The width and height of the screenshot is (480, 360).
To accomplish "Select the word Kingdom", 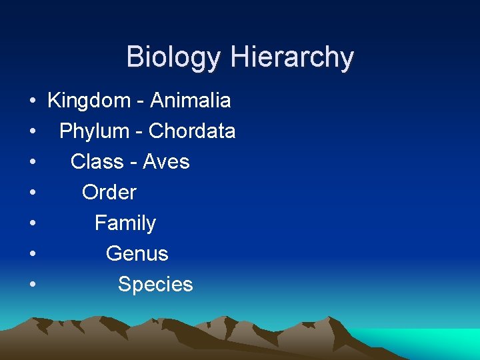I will (89, 101).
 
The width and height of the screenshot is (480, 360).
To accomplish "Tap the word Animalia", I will (191, 101).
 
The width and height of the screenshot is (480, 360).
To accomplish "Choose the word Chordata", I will (192, 131).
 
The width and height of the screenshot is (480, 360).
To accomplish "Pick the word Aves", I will (167, 162).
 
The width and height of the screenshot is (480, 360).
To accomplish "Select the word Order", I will (109, 193).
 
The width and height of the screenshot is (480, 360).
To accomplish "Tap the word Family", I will (125, 223).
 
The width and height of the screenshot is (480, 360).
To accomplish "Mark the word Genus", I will (137, 254).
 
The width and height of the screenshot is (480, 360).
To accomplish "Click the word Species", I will (155, 285).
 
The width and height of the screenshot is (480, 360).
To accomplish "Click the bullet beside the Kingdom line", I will (32, 102).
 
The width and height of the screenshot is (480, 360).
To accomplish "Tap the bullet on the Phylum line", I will (32, 133).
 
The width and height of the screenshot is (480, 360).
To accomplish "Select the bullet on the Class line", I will (32, 163).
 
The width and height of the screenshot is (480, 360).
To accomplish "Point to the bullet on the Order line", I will (32, 194).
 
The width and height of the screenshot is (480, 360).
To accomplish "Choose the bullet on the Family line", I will (32, 225).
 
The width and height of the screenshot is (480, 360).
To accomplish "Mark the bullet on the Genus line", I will (32, 255).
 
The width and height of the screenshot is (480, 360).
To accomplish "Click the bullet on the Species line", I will (32, 286).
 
